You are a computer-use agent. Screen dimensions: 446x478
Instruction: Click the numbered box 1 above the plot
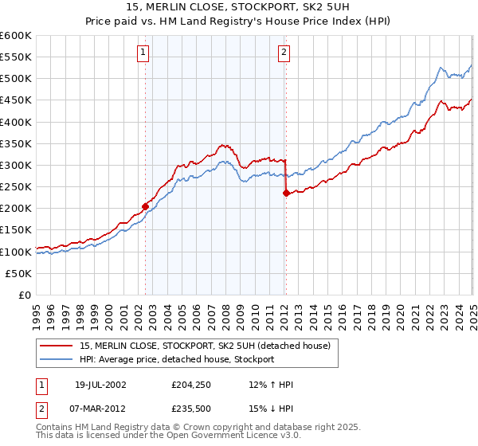point(143,53)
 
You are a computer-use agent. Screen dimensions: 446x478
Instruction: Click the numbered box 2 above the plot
point(284,53)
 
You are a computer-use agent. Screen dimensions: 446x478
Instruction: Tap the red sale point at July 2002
point(146,206)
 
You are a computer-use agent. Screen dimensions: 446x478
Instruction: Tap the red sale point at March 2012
point(286,193)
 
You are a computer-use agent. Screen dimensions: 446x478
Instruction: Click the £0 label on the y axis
point(25,295)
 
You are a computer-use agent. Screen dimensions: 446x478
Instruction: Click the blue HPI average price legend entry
point(176,359)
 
